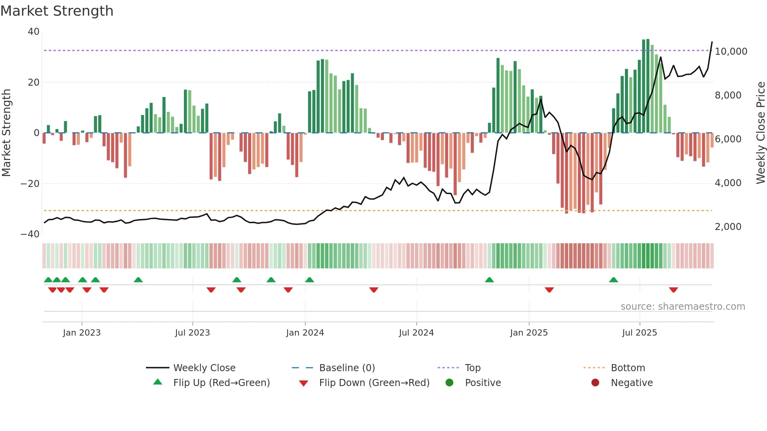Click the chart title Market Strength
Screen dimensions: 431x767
pyautogui.click(x=57, y=11)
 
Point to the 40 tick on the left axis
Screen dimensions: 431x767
pyautogui.click(x=34, y=32)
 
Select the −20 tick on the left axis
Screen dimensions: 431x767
pyautogui.click(x=30, y=184)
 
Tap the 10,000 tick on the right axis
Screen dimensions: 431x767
pyautogui.click(x=731, y=52)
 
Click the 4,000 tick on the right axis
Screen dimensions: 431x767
pyautogui.click(x=728, y=183)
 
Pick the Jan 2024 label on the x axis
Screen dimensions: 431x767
pyautogui.click(x=305, y=333)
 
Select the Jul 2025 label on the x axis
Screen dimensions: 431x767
pyautogui.click(x=639, y=333)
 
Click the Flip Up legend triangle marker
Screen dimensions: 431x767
pyautogui.click(x=158, y=382)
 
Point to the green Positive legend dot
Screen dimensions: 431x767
pyautogui.click(x=449, y=383)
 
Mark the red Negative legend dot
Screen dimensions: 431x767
pyautogui.click(x=595, y=383)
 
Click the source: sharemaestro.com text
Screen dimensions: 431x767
pyautogui.click(x=682, y=307)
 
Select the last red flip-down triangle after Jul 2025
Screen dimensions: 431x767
pyautogui.click(x=673, y=290)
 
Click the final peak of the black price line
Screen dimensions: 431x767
pyautogui.click(x=712, y=42)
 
